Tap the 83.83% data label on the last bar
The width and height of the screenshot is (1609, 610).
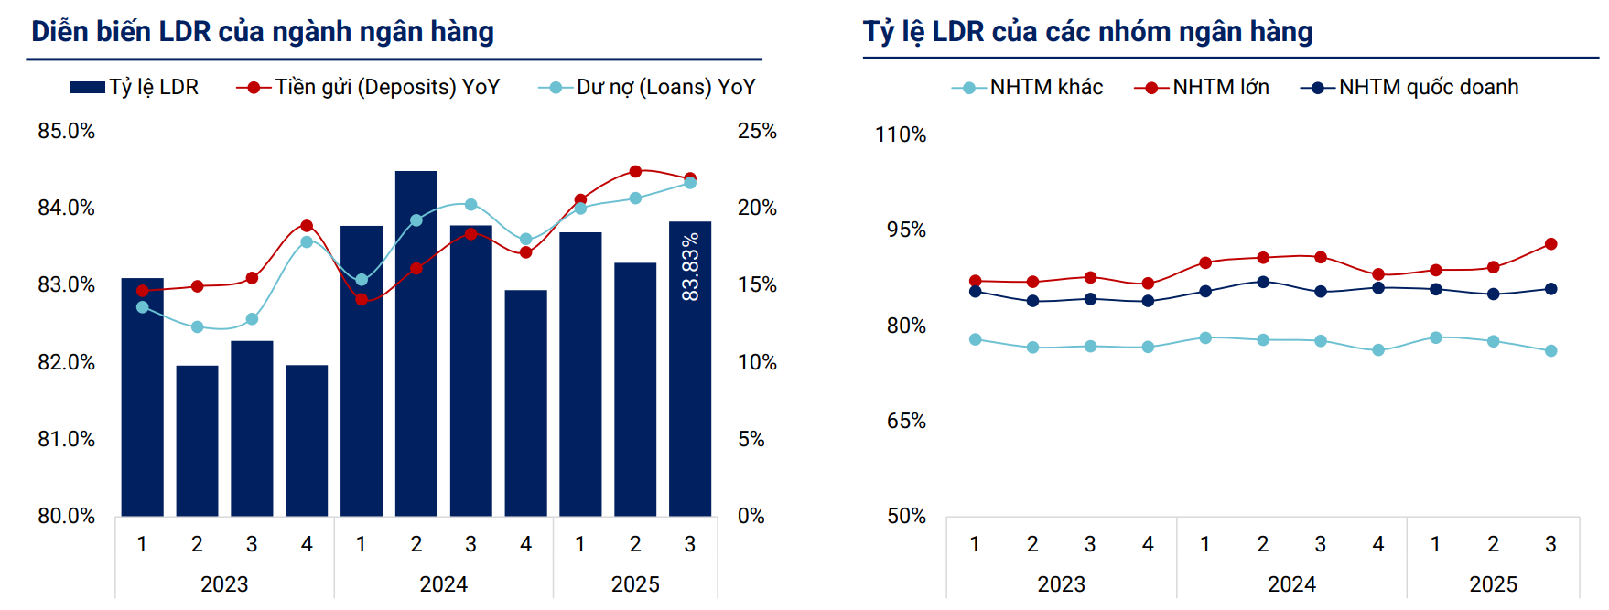[x=690, y=266]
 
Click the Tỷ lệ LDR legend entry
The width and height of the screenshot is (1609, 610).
[x=135, y=87]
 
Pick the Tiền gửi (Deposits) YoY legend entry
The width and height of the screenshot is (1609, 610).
[x=369, y=87]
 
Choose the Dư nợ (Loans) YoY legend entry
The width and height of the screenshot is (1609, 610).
[x=648, y=87]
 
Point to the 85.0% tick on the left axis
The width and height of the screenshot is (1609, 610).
[x=66, y=131]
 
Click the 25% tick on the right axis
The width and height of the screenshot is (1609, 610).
[x=757, y=131]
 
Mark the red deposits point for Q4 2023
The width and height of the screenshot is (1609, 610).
[x=307, y=226]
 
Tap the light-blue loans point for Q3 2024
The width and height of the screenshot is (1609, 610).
[x=470, y=205]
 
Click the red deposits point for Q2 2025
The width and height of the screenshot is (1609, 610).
[x=635, y=171]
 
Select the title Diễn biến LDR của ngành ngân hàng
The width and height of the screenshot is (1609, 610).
[x=263, y=32]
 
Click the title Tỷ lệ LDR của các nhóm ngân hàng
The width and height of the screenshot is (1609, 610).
[x=1087, y=32]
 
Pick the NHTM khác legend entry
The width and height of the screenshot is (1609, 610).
[x=1028, y=87]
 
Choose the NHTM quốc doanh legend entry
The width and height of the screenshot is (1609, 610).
[x=1410, y=87]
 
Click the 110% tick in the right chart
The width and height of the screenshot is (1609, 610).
[x=901, y=134]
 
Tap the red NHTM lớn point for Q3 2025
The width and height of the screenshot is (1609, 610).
[x=1550, y=244]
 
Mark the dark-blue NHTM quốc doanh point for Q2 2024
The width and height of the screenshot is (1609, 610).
[x=1263, y=282]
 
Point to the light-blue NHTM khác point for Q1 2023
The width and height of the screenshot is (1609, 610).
[x=976, y=339]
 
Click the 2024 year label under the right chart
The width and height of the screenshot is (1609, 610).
[x=1290, y=583]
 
